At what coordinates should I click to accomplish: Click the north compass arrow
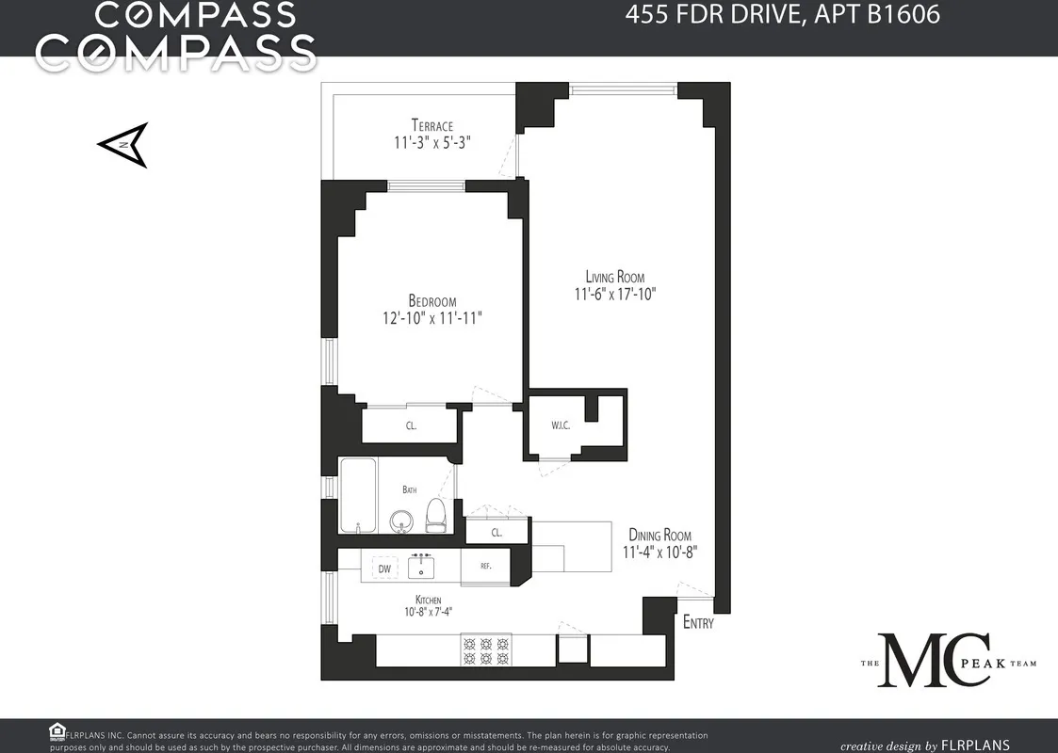pyautogui.click(x=123, y=145)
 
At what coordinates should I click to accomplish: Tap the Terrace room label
pyautogui.click(x=431, y=126)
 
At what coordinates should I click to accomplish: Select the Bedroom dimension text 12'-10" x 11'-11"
pyautogui.click(x=432, y=318)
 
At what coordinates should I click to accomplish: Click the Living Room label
pyautogui.click(x=615, y=277)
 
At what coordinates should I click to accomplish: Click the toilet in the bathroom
pyautogui.click(x=435, y=514)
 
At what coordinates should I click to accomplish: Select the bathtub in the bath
pyautogui.click(x=358, y=495)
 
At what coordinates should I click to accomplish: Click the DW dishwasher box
pyautogui.click(x=384, y=569)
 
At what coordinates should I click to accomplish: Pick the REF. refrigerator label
pyautogui.click(x=486, y=567)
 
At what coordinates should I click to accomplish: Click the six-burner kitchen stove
pyautogui.click(x=485, y=649)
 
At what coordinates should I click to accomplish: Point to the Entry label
pyautogui.click(x=698, y=623)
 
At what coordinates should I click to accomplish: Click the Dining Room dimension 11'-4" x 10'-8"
pyautogui.click(x=659, y=553)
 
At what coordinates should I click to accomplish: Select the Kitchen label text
pyautogui.click(x=428, y=600)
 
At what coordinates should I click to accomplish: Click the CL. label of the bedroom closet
pyautogui.click(x=412, y=426)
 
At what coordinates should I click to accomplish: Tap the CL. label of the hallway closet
pyautogui.click(x=496, y=533)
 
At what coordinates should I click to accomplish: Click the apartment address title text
pyautogui.click(x=783, y=16)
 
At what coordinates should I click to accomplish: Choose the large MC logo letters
pyautogui.click(x=938, y=661)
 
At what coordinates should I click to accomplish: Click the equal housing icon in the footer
pyautogui.click(x=57, y=733)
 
